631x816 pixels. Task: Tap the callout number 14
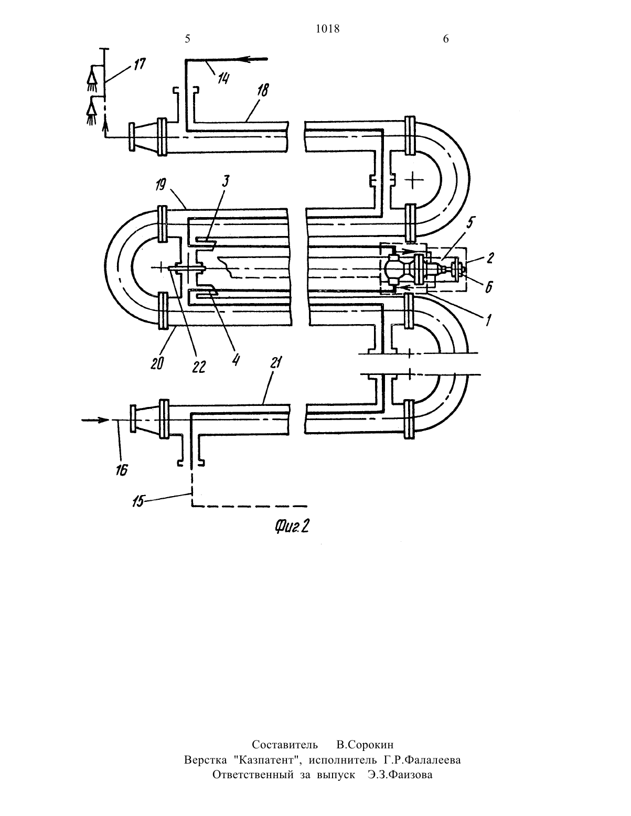pos(223,79)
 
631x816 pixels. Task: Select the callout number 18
pos(263,90)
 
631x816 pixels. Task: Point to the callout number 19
pos(161,185)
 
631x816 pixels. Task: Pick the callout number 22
pos(199,367)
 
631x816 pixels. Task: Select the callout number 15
pos(138,502)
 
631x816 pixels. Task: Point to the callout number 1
pos(488,319)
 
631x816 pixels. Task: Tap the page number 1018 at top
pos(327,28)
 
